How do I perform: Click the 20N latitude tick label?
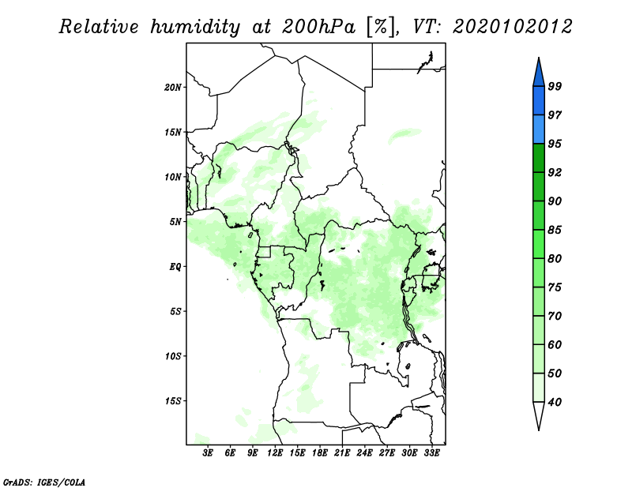coord(173,88)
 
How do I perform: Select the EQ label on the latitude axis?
coord(175,267)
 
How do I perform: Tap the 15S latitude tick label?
coord(173,401)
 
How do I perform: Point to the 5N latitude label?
coord(175,222)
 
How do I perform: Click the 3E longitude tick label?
coord(208,453)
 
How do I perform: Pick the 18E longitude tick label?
coord(320,453)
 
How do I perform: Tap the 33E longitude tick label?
coord(431,453)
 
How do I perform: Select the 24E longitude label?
coord(364,453)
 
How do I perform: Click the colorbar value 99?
coord(555,86)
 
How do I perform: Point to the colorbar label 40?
coord(555,402)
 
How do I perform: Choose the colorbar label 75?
coord(555,287)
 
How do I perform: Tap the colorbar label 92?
coord(555,172)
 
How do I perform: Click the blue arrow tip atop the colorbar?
coord(539,58)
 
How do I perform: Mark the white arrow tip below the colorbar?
coord(539,430)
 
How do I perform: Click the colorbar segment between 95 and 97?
coord(539,130)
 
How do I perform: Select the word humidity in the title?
coord(195,28)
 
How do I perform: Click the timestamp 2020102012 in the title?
coord(512,27)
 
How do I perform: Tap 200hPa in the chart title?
coord(318,27)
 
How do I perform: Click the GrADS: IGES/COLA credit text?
coord(44,482)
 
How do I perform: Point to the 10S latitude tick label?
coord(173,356)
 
